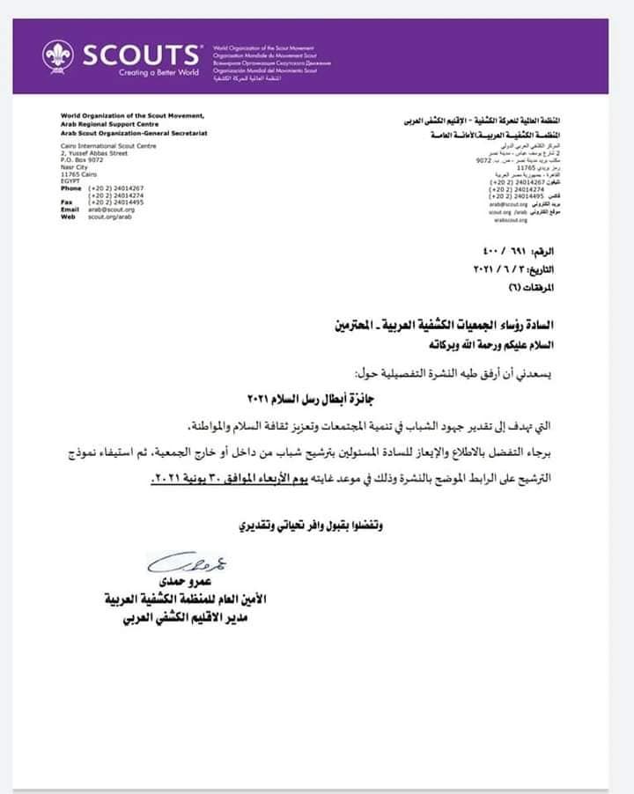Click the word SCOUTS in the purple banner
coord(138,55)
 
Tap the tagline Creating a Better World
coord(158,73)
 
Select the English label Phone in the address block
coord(70,188)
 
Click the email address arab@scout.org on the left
coord(111,210)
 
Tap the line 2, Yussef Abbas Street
coord(95,153)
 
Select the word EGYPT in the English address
coord(71,181)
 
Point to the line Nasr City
coord(76,167)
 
